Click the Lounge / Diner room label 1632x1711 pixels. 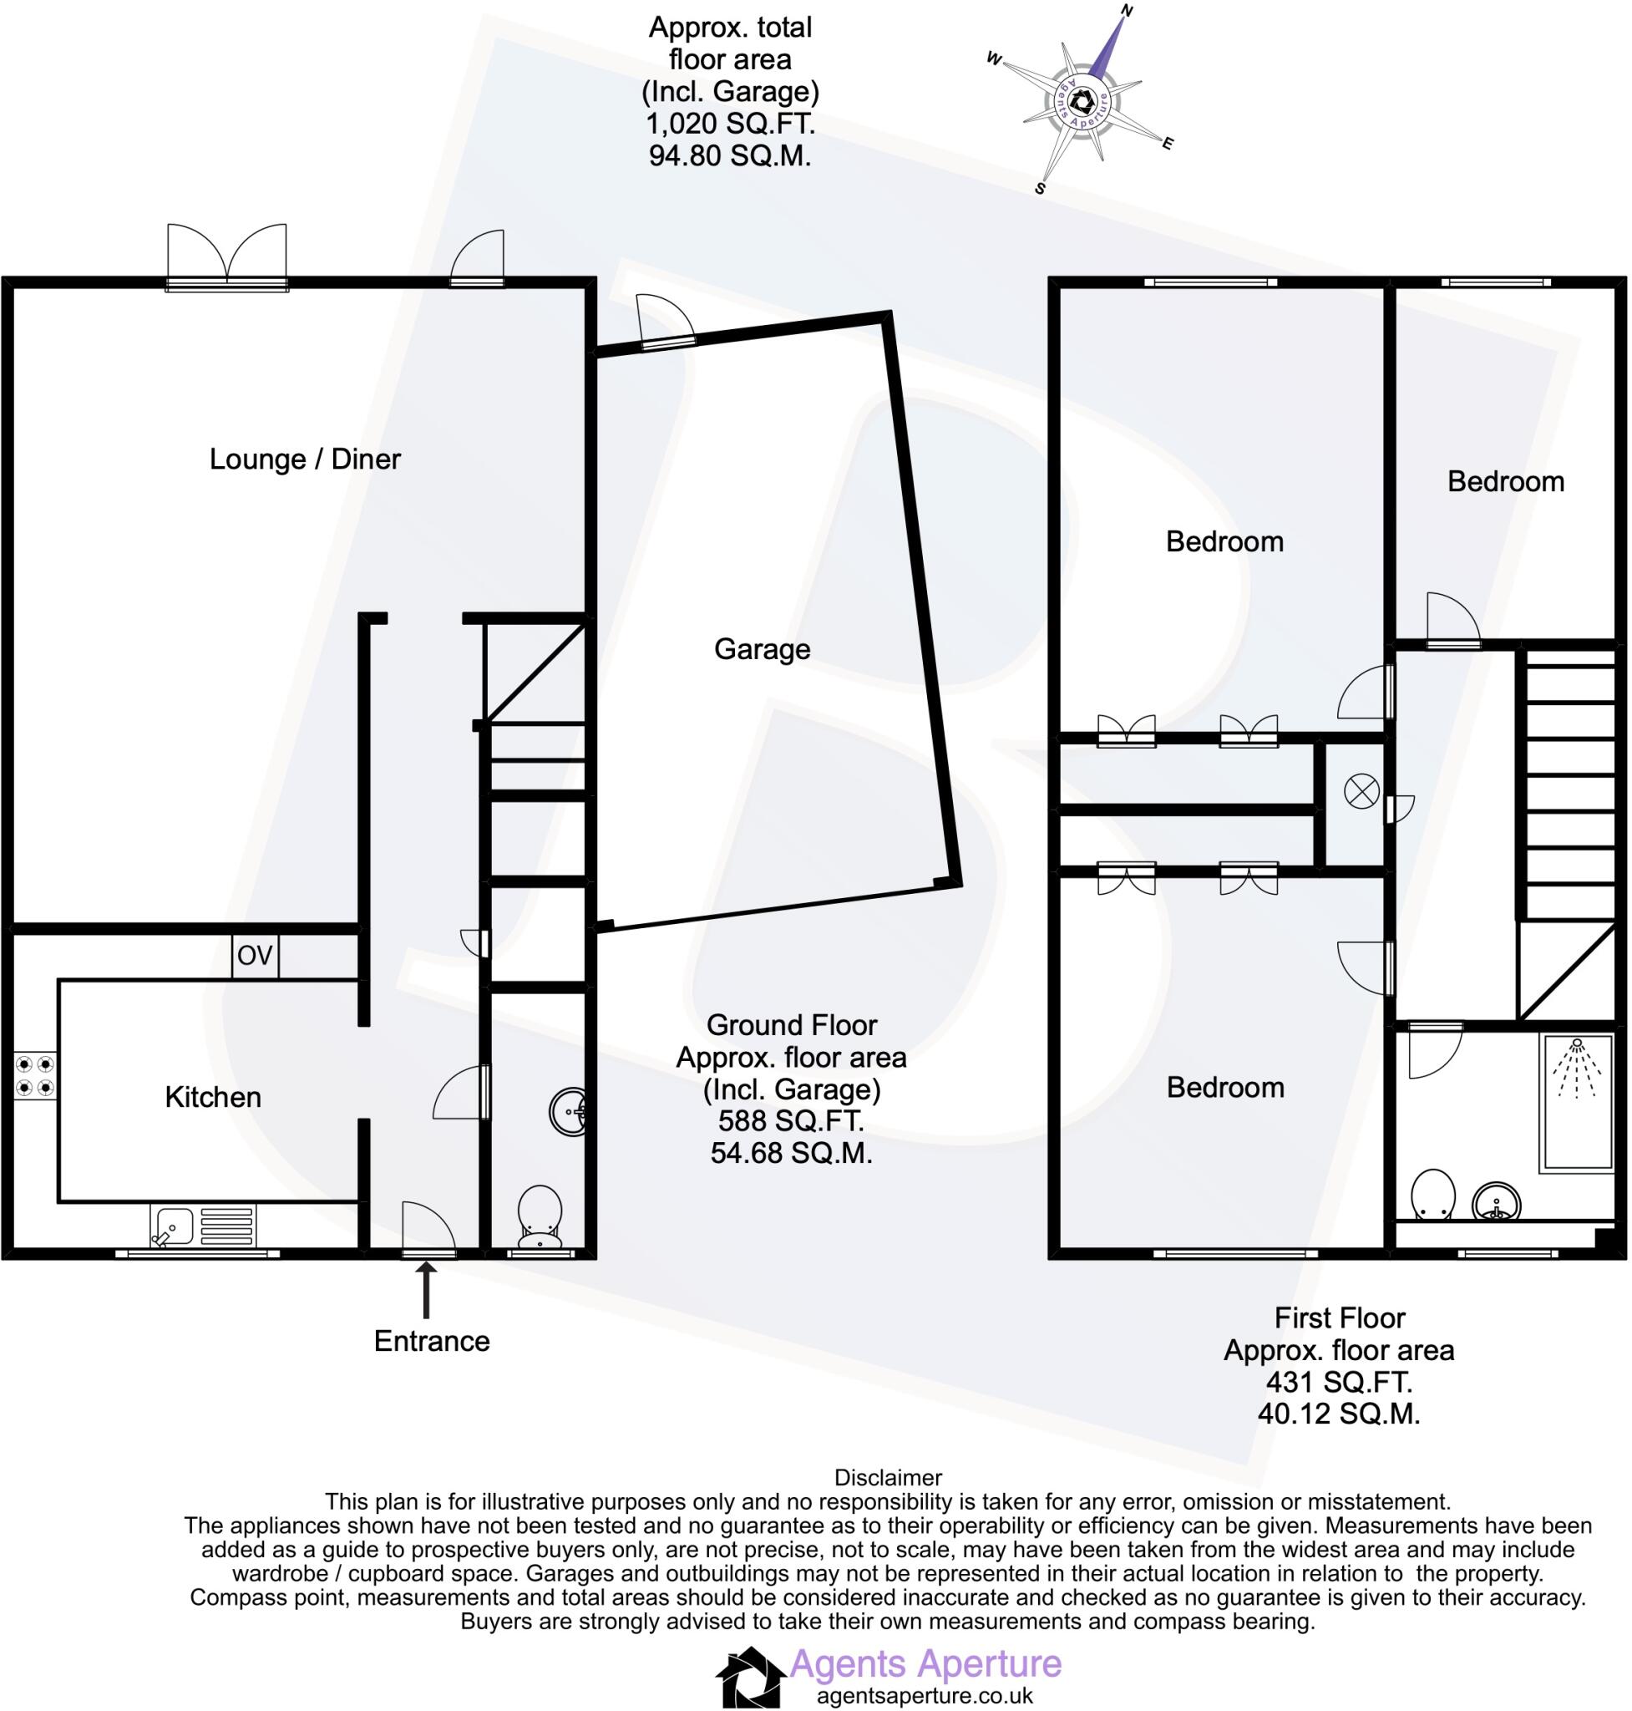point(305,459)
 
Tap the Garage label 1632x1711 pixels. point(761,648)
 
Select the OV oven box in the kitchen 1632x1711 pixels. point(255,956)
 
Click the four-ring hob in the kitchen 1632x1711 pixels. point(35,1075)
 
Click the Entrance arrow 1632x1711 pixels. point(426,1292)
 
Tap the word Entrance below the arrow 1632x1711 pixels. point(432,1341)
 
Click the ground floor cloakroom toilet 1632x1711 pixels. point(540,1214)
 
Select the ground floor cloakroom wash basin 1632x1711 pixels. point(570,1111)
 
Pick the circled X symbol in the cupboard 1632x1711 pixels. point(1361,792)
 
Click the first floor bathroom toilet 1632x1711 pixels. point(1432,1195)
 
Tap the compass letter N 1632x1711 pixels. point(1127,11)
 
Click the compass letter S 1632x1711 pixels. point(1040,188)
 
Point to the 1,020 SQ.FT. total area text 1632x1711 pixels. point(730,124)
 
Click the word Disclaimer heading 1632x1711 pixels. point(887,1478)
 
